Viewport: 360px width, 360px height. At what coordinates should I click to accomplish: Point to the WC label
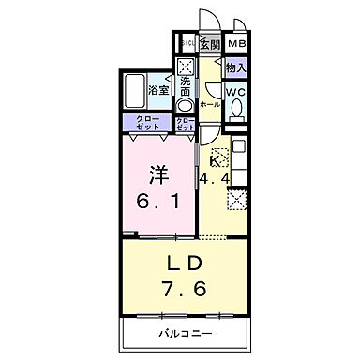(235, 93)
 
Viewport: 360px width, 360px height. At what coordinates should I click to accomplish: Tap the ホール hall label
(209, 105)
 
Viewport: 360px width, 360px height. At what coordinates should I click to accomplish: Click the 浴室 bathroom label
(158, 90)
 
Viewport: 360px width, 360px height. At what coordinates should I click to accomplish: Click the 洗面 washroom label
(186, 85)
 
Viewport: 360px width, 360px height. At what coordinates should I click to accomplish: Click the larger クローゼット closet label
(147, 123)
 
